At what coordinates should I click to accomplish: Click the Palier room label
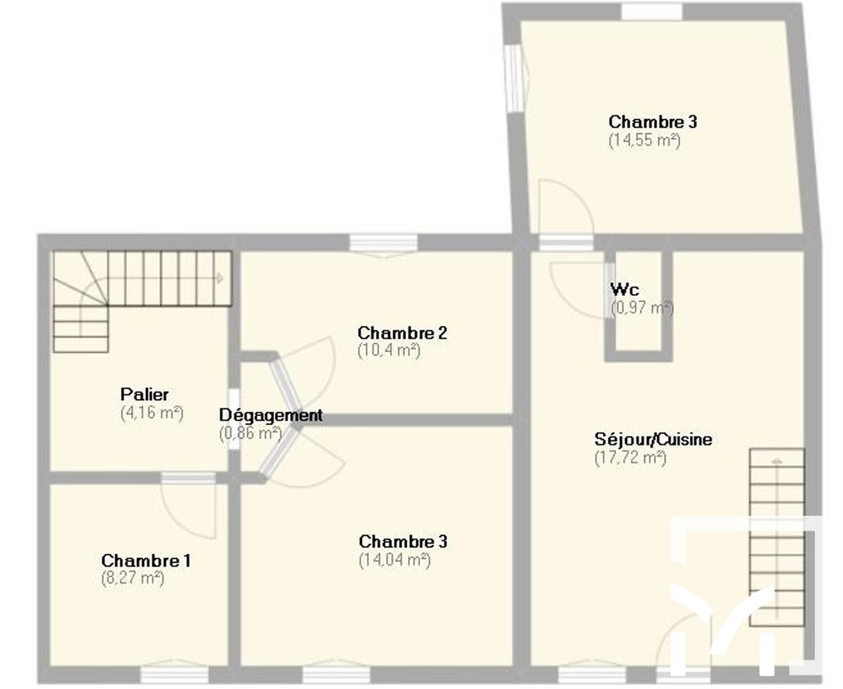pos(145,394)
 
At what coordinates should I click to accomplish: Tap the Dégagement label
pos(271,415)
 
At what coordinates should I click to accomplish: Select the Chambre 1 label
pos(146,561)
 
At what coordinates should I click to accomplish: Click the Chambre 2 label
pos(402,332)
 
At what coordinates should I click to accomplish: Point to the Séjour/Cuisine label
pos(653,439)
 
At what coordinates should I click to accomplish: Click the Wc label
pos(625,289)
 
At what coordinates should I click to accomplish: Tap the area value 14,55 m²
pos(644,140)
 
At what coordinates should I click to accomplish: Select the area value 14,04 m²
pos(395,560)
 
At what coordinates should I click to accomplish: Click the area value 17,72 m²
pos(631,457)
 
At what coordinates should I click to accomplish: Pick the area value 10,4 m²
pos(389,350)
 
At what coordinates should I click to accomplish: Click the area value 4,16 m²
pos(152,413)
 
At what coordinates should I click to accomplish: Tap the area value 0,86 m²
pos(251,433)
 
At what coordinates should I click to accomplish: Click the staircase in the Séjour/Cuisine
pos(776,537)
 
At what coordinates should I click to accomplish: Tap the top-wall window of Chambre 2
pos(384,243)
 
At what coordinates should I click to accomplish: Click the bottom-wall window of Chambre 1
pos(174,674)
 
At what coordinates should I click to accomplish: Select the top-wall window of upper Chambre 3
pos(652,12)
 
